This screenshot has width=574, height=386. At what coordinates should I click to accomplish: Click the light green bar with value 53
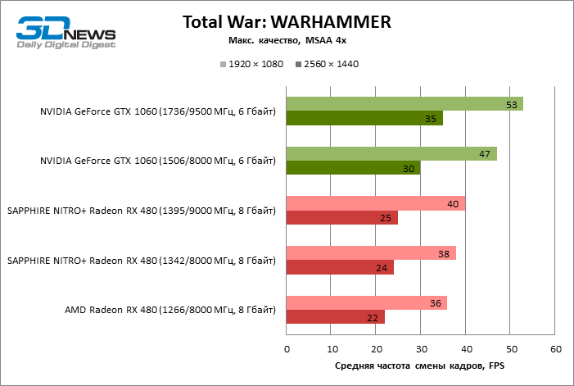pos(405,104)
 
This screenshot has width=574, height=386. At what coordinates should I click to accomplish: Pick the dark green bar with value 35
pos(364,119)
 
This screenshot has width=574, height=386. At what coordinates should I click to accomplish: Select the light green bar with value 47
pos(391,154)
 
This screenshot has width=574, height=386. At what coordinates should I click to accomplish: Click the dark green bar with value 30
pos(353,168)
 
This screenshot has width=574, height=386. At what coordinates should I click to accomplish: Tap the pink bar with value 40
pos(376,203)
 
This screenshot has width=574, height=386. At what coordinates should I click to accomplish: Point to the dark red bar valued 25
pos(341,218)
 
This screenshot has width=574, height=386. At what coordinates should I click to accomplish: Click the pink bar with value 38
pos(371,253)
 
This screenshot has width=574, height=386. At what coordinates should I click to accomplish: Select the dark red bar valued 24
pos(340,267)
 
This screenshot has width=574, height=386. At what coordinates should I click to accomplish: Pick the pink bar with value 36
pos(367,303)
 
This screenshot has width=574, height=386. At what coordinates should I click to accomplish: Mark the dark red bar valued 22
pos(336,317)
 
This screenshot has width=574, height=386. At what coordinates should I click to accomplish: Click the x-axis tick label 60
pos(556,350)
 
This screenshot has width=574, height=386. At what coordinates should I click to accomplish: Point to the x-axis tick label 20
pos(376,350)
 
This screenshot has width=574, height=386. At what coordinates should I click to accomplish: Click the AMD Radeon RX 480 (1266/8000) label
pos(170,310)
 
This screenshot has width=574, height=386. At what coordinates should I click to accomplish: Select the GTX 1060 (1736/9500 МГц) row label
pos(158,111)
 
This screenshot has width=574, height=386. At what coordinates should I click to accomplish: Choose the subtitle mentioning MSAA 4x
pos(287,40)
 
